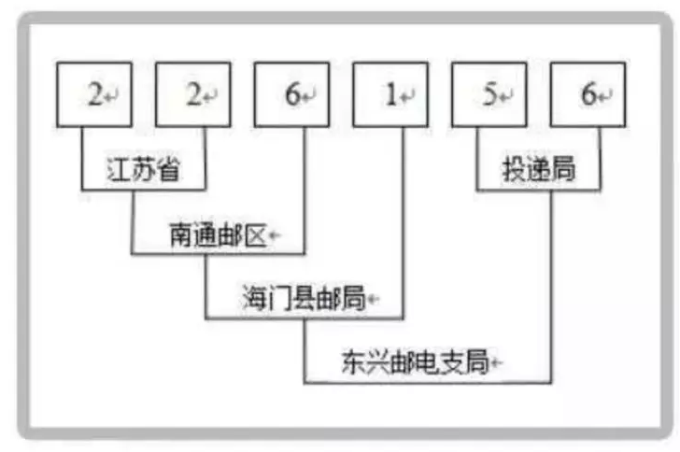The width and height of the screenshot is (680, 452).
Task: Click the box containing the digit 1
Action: pos(390,94)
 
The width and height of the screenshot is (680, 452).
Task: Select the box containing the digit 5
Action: pos(488,94)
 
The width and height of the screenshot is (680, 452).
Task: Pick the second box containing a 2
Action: pos(192,94)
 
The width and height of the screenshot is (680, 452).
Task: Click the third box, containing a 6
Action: pos(290,94)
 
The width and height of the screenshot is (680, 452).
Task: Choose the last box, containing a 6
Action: pos(587,94)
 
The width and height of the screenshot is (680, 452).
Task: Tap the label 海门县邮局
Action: pos(298,300)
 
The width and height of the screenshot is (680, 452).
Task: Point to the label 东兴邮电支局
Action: pos(415,363)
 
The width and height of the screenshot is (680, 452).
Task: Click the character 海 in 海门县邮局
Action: pos(250,300)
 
